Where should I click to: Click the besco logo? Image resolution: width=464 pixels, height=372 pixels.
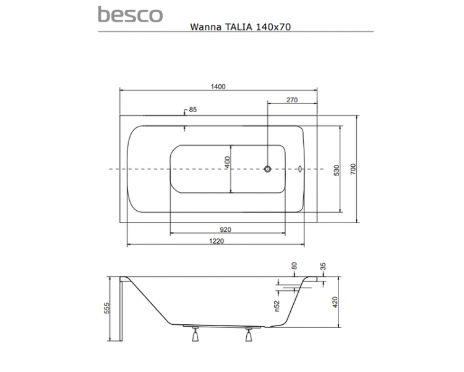[x=130, y=14]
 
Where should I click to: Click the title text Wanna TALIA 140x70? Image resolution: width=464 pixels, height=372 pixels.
[x=240, y=27]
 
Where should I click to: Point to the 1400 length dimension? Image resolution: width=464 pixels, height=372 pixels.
[x=218, y=86]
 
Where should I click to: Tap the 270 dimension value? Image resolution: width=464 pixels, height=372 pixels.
[x=292, y=100]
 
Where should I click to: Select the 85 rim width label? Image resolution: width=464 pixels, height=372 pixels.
[x=192, y=110]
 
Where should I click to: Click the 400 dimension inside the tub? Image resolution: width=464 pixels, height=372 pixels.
[x=227, y=162]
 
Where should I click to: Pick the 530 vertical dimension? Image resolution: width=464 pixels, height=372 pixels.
[x=337, y=170]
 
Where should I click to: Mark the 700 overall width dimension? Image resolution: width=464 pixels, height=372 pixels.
[x=353, y=169]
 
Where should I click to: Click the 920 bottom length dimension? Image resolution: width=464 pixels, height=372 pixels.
[x=225, y=229]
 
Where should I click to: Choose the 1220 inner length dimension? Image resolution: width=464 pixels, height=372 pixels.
[x=217, y=241]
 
